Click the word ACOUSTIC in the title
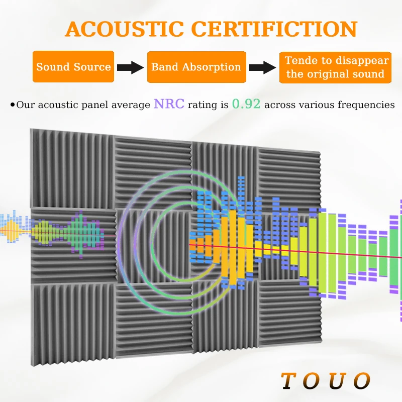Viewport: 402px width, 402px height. click(x=124, y=29)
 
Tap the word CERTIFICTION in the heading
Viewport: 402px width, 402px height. click(x=274, y=29)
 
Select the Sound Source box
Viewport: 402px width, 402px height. click(x=73, y=67)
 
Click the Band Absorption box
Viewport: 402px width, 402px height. click(x=196, y=67)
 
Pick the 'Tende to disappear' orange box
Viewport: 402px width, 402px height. click(x=335, y=67)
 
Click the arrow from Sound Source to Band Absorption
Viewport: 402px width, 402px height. click(x=131, y=67)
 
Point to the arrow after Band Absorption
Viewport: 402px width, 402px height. click(x=263, y=67)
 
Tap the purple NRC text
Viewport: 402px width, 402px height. click(x=169, y=104)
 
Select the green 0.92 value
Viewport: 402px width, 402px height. click(x=246, y=104)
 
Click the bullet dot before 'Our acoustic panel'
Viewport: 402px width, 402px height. click(x=13, y=105)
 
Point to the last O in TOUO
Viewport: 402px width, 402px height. click(x=362, y=381)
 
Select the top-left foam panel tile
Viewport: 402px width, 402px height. click(x=72, y=169)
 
